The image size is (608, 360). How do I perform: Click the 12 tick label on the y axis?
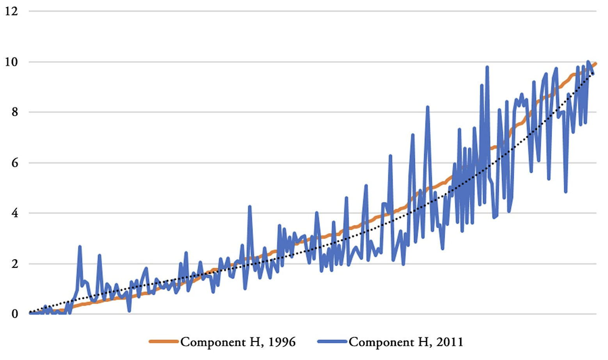coord(12,11)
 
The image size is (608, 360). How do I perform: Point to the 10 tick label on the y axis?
coord(12,62)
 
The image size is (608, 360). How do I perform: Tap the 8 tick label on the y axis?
coord(14,112)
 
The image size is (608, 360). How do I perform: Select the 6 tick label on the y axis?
coord(14,162)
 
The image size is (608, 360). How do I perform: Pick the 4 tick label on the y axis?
coord(14,213)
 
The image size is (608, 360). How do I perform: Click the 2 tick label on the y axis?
coord(14,264)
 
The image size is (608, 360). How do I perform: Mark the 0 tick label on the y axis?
coord(14,314)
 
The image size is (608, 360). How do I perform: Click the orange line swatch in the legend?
coord(164,342)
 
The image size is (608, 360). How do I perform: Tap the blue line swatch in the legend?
coord(332,342)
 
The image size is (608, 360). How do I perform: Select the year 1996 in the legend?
coord(282,342)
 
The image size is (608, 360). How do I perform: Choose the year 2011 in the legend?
coord(450,342)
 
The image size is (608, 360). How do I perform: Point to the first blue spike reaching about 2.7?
coord(80,246)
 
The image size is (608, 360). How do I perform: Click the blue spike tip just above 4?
coord(249,206)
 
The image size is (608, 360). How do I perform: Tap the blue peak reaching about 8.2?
coord(428,107)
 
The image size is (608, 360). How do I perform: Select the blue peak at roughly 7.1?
coord(412,135)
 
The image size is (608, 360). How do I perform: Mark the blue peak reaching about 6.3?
coord(390,156)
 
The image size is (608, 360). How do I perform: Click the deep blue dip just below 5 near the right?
coord(565,192)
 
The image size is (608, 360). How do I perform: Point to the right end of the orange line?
coord(596,63)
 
